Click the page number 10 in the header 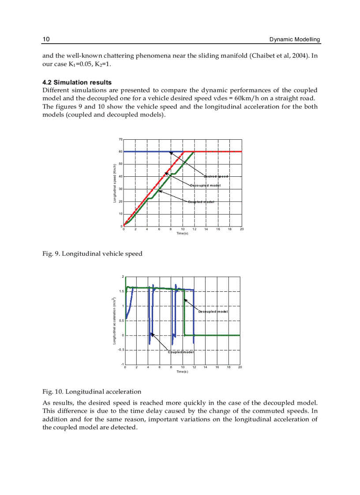tap(46, 40)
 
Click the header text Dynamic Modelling tap(295, 40)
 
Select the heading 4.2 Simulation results tap(77, 82)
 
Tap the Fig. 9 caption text tap(92, 254)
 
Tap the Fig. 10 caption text tap(92, 391)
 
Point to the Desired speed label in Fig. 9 tap(216, 176)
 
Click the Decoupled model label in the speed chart tap(205, 186)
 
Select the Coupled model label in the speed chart tap(201, 202)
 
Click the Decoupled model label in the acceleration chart tap(213, 311)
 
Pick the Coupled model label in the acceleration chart tap(181, 352)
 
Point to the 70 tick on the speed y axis tap(120, 139)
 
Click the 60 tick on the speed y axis tap(120, 152)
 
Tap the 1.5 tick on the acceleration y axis tap(121, 291)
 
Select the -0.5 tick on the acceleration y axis tap(120, 350)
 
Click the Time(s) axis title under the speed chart tap(182, 233)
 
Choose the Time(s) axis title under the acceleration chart tap(182, 372)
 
